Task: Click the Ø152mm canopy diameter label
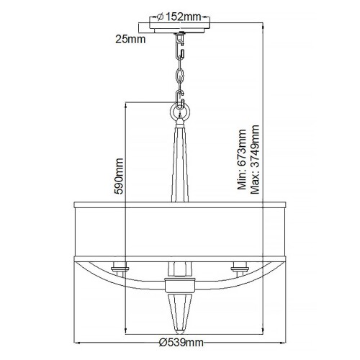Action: click(x=180, y=18)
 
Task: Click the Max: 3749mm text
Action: click(x=254, y=160)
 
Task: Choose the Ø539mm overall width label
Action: click(x=179, y=344)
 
